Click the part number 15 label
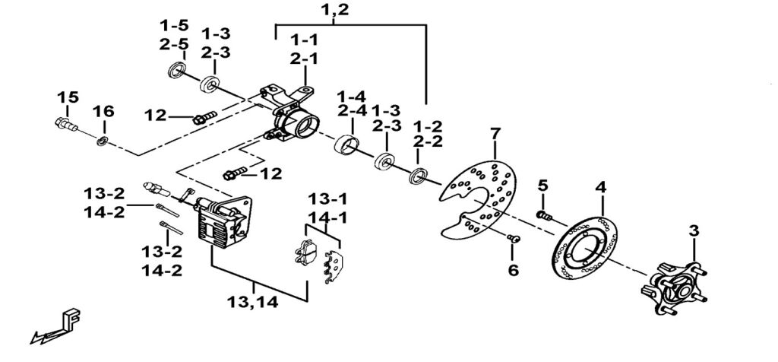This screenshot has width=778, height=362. pyautogui.click(x=68, y=98)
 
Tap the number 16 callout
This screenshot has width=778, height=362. pyautogui.click(x=103, y=112)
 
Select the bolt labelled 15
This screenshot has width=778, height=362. pyautogui.click(x=66, y=124)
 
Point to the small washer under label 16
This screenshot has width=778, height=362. pyautogui.click(x=103, y=141)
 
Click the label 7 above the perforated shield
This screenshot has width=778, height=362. pyautogui.click(x=495, y=135)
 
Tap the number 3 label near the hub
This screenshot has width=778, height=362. pyautogui.click(x=693, y=230)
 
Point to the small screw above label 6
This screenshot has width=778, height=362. pyautogui.click(x=514, y=239)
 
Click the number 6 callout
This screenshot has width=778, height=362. pyautogui.click(x=513, y=268)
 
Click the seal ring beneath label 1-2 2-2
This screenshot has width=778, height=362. pyautogui.click(x=419, y=176)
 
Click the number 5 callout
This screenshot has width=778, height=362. pyautogui.click(x=542, y=186)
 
